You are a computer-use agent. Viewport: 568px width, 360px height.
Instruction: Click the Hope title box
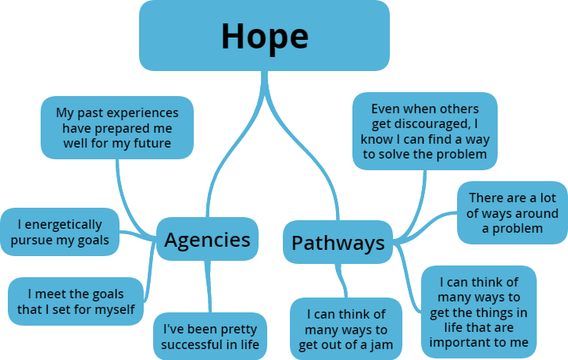tap(264, 35)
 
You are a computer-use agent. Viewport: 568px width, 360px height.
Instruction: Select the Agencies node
tap(207, 240)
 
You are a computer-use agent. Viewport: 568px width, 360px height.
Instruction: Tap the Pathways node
tap(338, 242)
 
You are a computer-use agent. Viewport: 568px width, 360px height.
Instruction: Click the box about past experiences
tap(116, 128)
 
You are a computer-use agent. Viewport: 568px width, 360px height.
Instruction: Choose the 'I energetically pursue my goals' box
tap(60, 232)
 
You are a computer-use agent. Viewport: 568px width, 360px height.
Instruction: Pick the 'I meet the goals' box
tap(76, 301)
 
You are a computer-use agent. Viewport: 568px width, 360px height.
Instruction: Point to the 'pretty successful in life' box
tap(210, 336)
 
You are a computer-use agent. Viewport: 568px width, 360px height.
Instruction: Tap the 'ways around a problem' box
tap(513, 212)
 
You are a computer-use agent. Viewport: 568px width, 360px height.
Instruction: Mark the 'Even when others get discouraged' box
tap(424, 131)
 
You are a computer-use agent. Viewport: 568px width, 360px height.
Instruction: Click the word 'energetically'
tap(67, 224)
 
